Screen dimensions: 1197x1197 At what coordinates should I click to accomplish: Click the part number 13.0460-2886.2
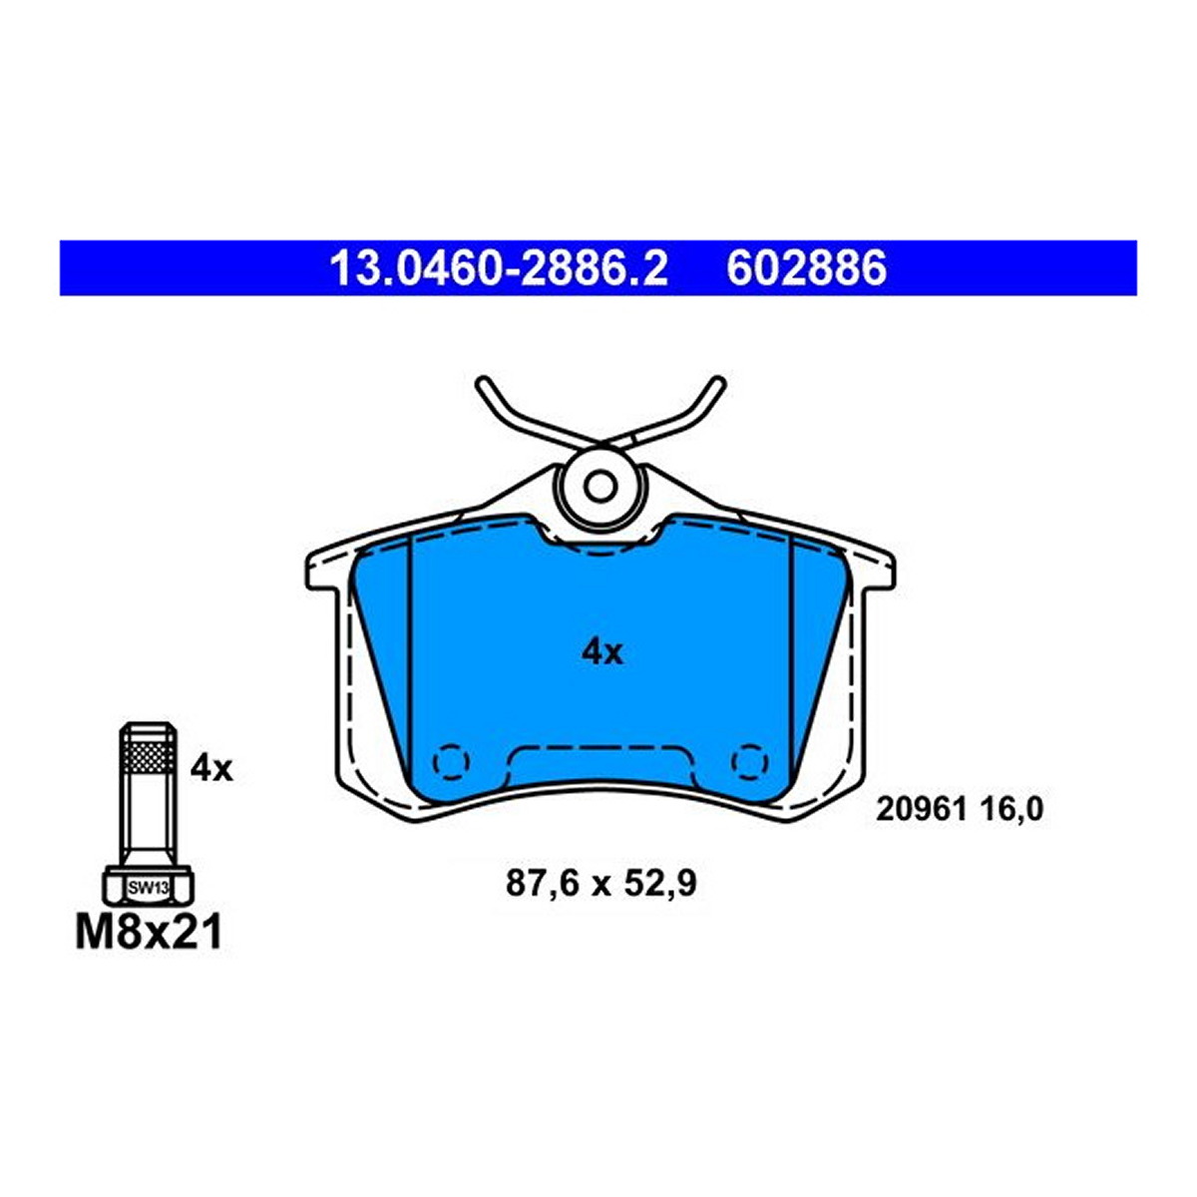coord(498,268)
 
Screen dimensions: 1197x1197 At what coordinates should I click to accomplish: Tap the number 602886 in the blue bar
coord(806,268)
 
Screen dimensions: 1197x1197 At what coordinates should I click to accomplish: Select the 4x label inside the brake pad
coord(601,652)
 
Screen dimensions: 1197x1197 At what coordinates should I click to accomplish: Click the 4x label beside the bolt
coord(211,770)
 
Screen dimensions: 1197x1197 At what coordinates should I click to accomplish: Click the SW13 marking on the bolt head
coord(148,889)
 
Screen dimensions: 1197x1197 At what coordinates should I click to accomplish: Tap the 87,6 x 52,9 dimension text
coord(601,884)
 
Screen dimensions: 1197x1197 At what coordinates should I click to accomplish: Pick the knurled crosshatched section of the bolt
coord(148,756)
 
